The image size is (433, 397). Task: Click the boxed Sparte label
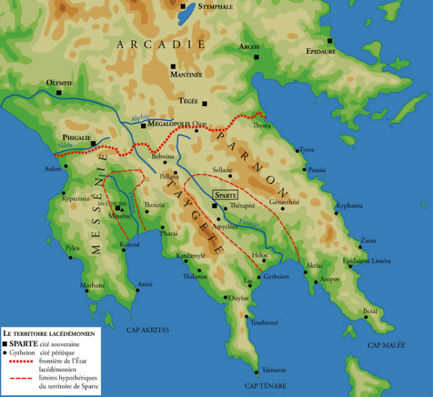(x=224, y=195)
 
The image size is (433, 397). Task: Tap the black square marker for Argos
(x=256, y=58)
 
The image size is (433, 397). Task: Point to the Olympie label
(x=59, y=83)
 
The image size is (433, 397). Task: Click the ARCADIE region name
(x=160, y=45)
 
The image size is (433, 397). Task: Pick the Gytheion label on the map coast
(x=277, y=277)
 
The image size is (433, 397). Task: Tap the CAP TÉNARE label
(x=268, y=386)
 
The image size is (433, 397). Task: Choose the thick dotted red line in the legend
(x=21, y=361)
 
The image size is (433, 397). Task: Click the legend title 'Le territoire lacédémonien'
(x=48, y=333)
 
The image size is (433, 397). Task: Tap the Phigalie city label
(x=75, y=139)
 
